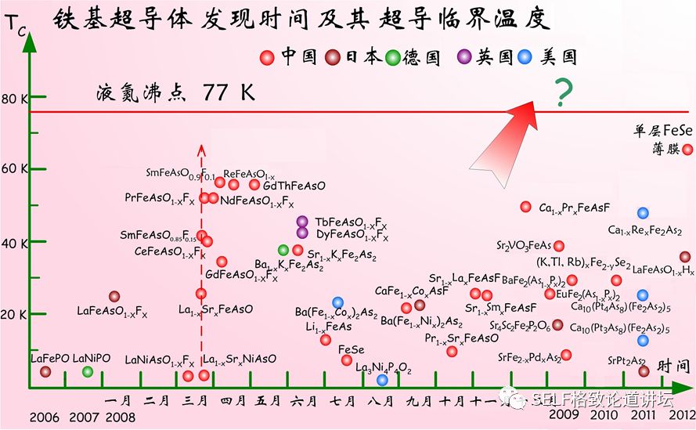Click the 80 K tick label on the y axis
pos(14,99)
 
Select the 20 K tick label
pos(14,315)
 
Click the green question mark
pos(561,92)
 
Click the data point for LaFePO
pos(45,371)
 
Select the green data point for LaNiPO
pos(88,371)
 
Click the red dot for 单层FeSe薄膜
pos(687,150)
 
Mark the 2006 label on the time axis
pos(44,415)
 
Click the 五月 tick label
pos(269,401)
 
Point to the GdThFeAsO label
pos(294,186)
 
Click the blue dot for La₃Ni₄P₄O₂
pos(382,380)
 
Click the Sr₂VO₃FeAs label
pos(524,246)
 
